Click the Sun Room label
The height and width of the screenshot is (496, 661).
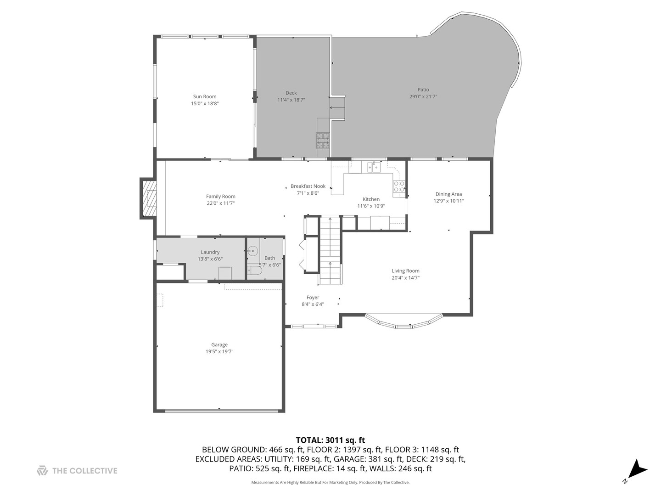(x=205, y=96)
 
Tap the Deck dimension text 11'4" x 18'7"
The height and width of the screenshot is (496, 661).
(x=291, y=100)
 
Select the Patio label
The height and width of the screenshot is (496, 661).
(x=423, y=90)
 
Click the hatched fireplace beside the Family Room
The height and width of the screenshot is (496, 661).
(x=149, y=199)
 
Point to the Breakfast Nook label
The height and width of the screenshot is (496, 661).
(x=308, y=186)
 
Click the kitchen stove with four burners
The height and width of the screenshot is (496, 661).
(x=399, y=186)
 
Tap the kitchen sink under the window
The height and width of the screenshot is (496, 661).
(x=374, y=167)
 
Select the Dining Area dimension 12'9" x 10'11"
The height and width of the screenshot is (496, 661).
(x=449, y=201)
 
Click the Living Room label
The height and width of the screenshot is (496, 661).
(x=405, y=271)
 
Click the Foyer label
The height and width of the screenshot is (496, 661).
(x=313, y=298)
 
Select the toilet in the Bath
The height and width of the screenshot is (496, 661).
(x=254, y=271)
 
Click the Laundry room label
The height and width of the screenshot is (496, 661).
(x=210, y=252)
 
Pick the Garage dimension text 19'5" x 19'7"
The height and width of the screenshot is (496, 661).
(x=219, y=351)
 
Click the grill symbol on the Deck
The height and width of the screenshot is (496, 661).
(x=322, y=140)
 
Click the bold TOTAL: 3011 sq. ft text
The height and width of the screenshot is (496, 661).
(x=330, y=440)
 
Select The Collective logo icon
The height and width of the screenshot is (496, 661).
(x=42, y=470)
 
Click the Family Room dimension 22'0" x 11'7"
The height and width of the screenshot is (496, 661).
(x=221, y=203)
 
